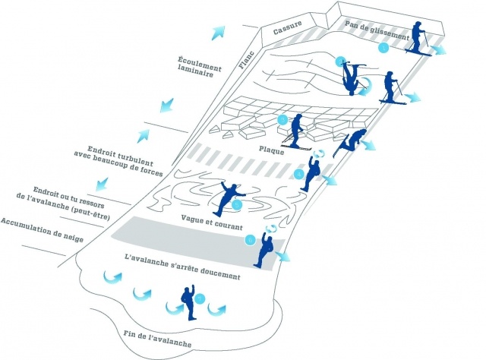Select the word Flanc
click(x=246, y=60)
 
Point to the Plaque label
click(x=271, y=150)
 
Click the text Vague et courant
click(x=212, y=227)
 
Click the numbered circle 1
click(x=383, y=48)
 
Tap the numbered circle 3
click(x=282, y=120)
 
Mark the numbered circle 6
click(x=251, y=240)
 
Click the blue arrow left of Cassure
click(x=219, y=30)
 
